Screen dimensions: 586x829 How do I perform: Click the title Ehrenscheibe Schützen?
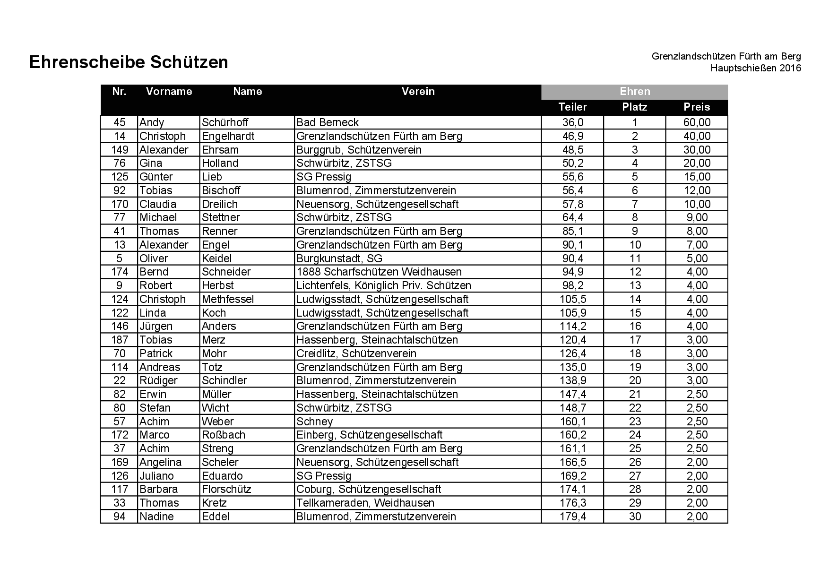(x=129, y=62)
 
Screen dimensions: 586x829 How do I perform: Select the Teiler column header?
(x=572, y=107)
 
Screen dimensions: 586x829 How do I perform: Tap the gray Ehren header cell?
(x=634, y=92)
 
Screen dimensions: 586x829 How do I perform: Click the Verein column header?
(x=418, y=92)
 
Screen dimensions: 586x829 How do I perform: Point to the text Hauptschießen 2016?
(x=755, y=69)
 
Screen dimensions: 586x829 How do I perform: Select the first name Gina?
(x=151, y=163)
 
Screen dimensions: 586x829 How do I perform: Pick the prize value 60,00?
(x=697, y=122)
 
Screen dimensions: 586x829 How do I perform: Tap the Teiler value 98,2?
(x=573, y=285)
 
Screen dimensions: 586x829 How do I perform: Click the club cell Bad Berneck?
(x=328, y=122)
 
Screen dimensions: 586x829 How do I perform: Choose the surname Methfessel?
(x=228, y=299)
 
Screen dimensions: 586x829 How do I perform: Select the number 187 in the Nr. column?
(x=120, y=340)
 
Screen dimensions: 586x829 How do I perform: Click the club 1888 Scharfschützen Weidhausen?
(x=379, y=272)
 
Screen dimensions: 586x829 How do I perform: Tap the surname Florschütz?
(x=226, y=489)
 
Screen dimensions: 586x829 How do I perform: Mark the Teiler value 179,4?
(x=573, y=517)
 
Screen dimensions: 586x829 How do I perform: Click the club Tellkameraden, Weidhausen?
(x=365, y=503)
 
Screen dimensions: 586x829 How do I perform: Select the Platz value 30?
(x=635, y=517)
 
